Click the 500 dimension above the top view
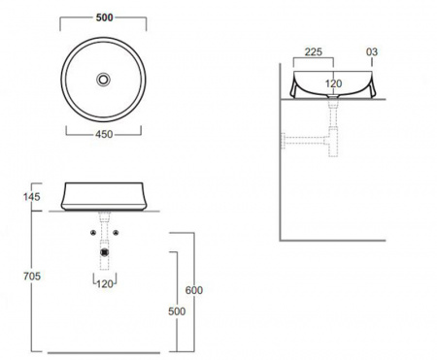(x=104, y=17)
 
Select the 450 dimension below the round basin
(x=104, y=134)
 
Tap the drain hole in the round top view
(x=103, y=80)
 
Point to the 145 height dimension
(x=32, y=197)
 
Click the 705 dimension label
(x=32, y=277)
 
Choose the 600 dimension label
(x=194, y=290)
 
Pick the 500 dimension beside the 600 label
(x=177, y=311)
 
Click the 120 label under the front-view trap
(x=105, y=284)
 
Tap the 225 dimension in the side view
(x=314, y=51)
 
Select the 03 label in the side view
(x=372, y=51)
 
